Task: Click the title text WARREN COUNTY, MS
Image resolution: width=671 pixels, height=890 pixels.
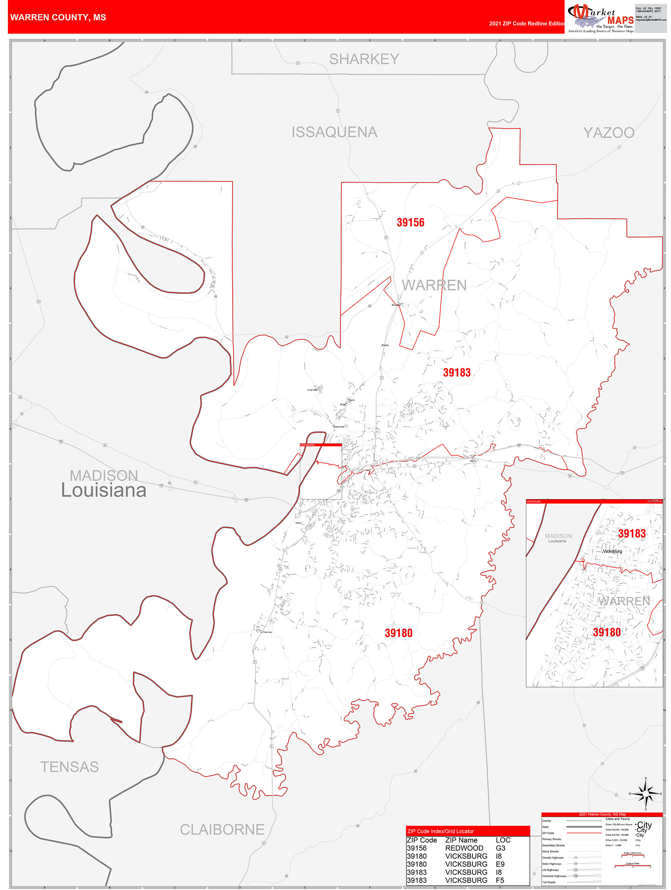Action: click(58, 17)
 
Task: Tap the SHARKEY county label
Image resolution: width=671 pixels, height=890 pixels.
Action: click(364, 59)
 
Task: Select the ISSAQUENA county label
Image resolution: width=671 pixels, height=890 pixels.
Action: click(334, 132)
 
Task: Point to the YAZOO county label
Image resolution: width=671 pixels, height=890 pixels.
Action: click(609, 132)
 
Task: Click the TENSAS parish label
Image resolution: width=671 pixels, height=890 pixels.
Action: click(69, 766)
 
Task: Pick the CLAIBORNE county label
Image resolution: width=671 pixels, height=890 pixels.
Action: click(222, 829)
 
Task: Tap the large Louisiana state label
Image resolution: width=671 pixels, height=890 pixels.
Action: click(104, 491)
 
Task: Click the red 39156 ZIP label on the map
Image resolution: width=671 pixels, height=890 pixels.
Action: click(410, 222)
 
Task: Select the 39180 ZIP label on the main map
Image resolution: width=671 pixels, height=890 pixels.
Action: click(398, 633)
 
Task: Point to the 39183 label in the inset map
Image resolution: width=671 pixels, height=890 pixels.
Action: click(632, 534)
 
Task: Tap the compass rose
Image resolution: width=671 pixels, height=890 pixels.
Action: click(646, 794)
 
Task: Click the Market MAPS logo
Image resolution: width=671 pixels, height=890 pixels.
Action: click(601, 18)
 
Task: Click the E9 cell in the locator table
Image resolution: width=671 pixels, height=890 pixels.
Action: click(500, 864)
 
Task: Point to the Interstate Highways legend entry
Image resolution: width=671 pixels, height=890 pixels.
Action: click(554, 876)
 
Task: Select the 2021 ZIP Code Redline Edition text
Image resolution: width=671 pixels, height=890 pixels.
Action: click(527, 23)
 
